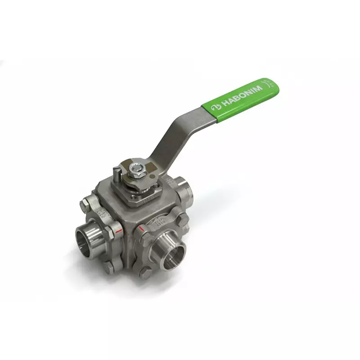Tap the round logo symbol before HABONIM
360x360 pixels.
215,106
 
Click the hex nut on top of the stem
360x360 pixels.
134,170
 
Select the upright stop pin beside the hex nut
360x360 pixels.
117,174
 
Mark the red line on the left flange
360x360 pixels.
118,231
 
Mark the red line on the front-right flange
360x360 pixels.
143,229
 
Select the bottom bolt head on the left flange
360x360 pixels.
110,269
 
